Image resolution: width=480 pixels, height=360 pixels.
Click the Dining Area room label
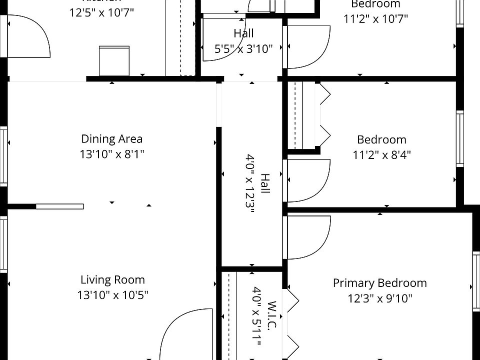tap(111, 139)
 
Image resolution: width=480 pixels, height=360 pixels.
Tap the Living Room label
tap(112, 280)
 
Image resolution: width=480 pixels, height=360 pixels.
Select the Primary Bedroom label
tap(379, 283)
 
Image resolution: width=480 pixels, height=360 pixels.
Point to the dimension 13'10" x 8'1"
tap(111, 154)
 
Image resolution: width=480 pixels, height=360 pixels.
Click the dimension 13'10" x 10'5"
tap(112, 295)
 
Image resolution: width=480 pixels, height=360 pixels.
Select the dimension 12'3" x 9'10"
tap(379, 298)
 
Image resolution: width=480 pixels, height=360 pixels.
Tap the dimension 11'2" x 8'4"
tap(381, 154)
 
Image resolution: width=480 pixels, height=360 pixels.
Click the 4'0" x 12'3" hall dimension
tap(250, 183)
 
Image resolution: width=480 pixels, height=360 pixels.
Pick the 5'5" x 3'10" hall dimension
tap(243, 48)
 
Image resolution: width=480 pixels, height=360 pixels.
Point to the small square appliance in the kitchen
tap(114, 60)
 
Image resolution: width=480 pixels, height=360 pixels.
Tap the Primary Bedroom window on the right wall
tap(476, 280)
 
